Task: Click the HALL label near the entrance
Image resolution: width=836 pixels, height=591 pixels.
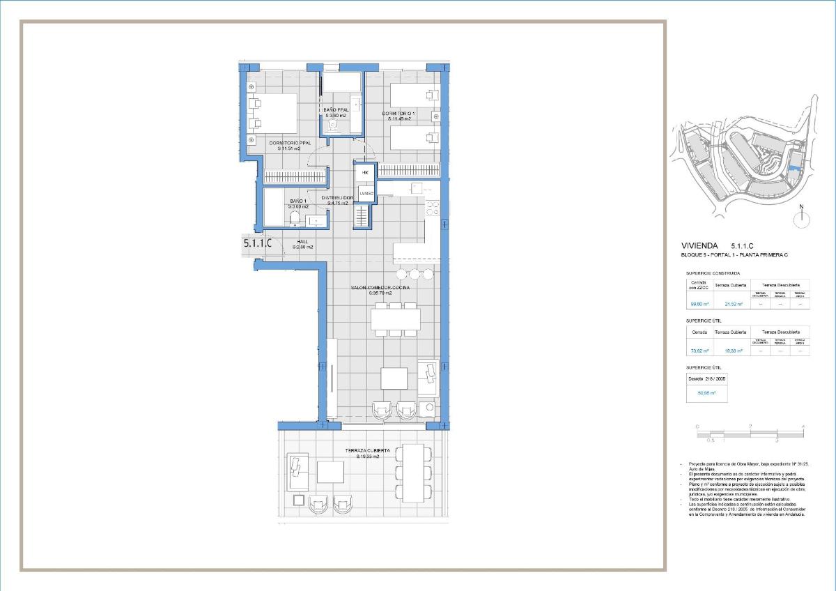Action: [302, 242]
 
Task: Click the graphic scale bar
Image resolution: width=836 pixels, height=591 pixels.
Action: [750, 433]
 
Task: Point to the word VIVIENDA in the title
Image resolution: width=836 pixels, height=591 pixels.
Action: [701, 246]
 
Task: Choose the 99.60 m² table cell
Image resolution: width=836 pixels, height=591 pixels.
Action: [699, 304]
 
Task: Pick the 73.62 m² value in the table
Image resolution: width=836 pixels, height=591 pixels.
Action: [699, 351]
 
